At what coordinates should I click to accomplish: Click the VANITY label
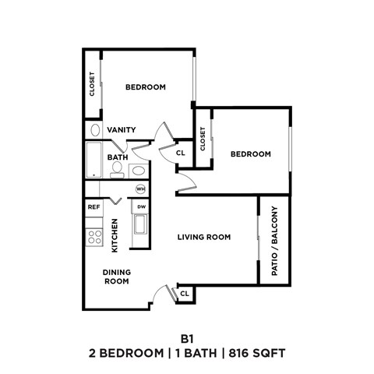(x=122, y=130)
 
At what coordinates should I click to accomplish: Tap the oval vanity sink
(x=94, y=130)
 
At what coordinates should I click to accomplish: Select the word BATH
(x=118, y=157)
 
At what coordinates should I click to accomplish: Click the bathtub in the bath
(x=94, y=160)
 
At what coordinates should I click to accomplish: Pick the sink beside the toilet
(x=138, y=170)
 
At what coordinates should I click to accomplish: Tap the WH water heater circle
(x=141, y=189)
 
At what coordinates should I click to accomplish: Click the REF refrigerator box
(x=93, y=207)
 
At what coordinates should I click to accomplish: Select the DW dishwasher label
(x=141, y=206)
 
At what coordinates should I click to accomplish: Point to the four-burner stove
(x=94, y=235)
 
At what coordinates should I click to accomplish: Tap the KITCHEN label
(x=115, y=235)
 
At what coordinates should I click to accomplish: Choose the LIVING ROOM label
(x=203, y=237)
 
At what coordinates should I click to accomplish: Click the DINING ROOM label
(x=117, y=277)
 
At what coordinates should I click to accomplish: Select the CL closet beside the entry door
(x=185, y=294)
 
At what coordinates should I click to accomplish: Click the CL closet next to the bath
(x=180, y=153)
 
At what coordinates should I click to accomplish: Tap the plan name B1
(x=186, y=339)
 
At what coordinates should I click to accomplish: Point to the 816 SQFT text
(x=259, y=354)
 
